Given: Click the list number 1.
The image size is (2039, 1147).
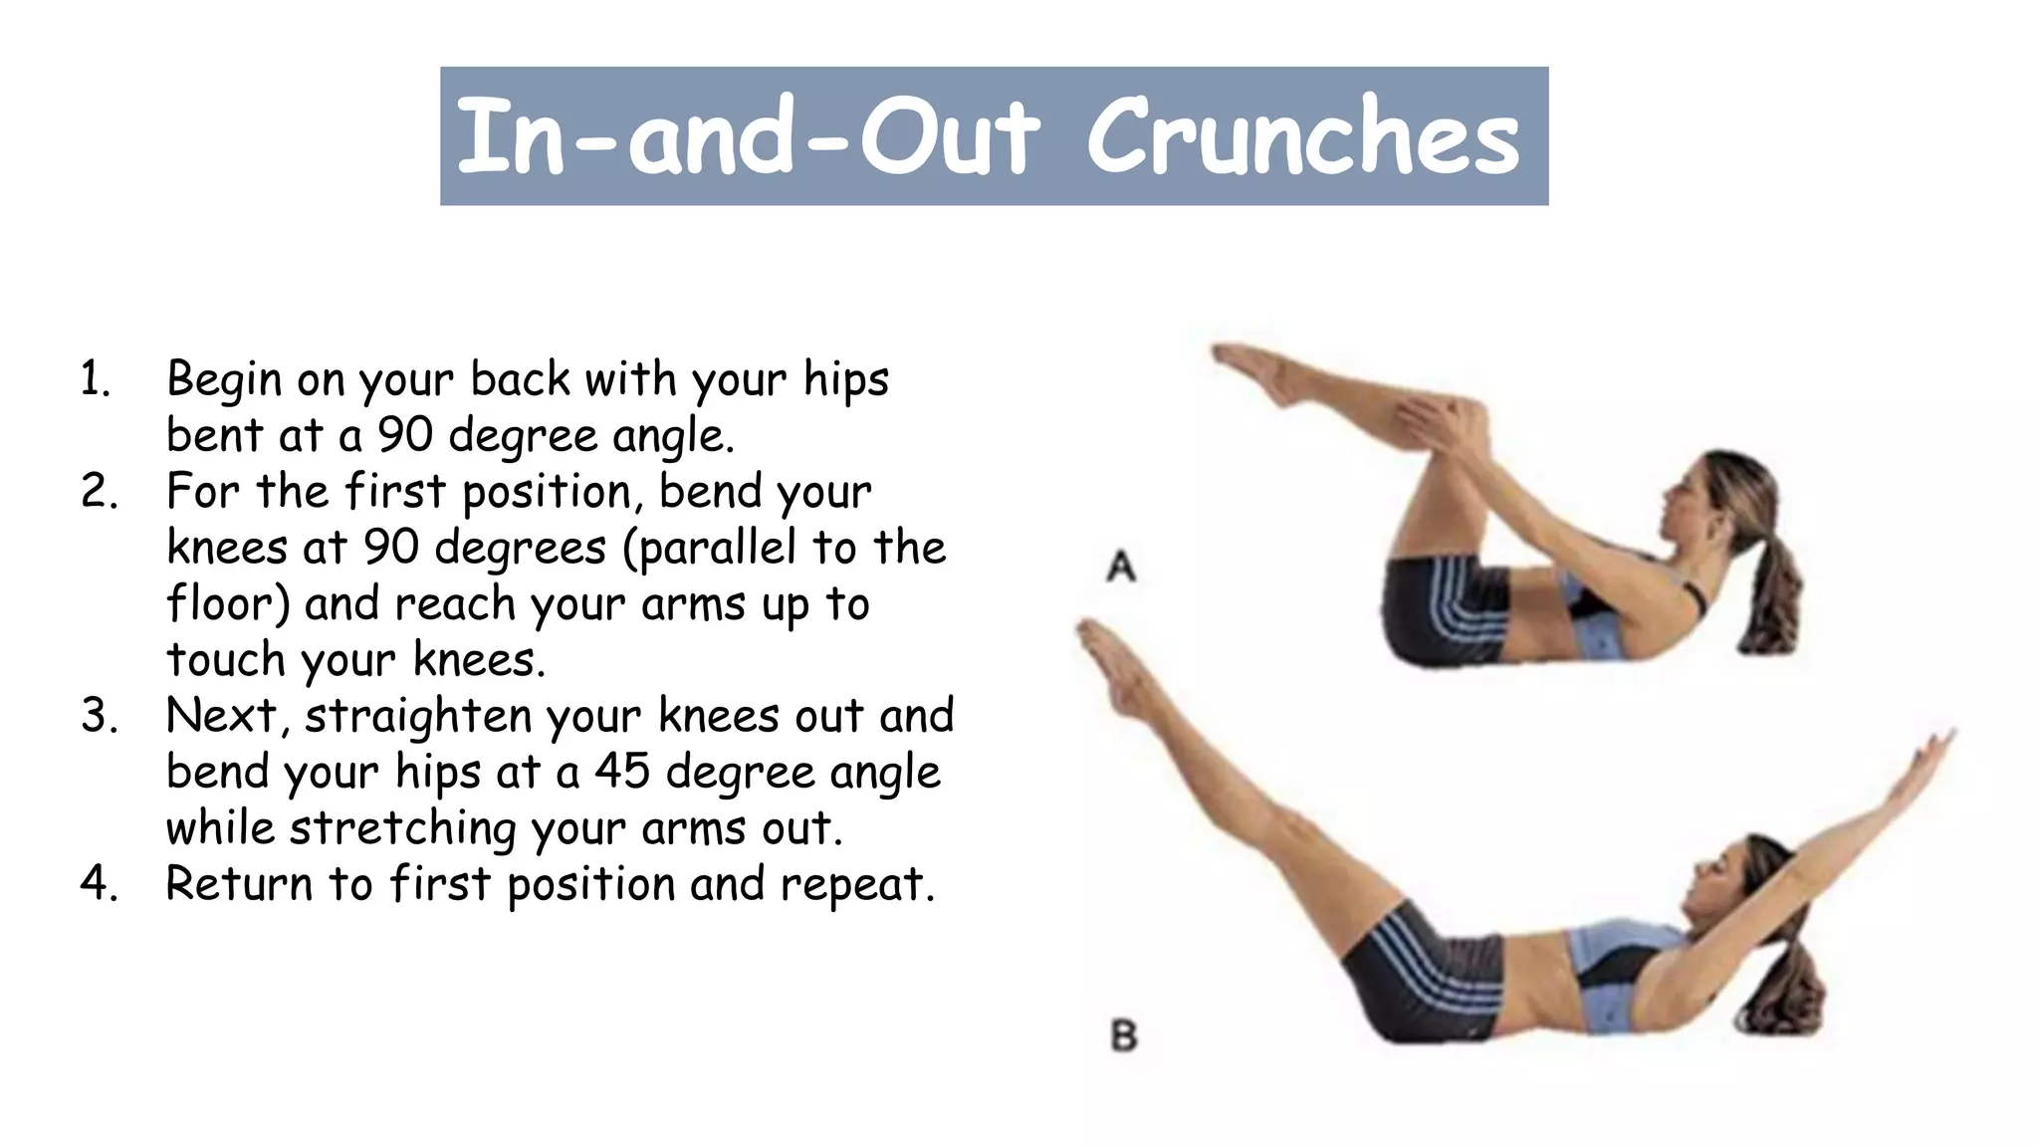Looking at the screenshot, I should pyautogui.click(x=95, y=380).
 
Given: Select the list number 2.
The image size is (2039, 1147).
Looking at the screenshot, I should pyautogui.click(x=99, y=492).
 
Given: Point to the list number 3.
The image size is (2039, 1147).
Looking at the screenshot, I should pyautogui.click(x=99, y=716).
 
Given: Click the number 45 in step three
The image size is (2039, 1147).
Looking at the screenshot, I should pyautogui.click(x=623, y=772).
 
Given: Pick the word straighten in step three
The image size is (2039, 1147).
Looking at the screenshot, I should pyautogui.click(x=418, y=717).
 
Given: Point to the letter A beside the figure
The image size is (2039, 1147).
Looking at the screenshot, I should pyautogui.click(x=1122, y=568).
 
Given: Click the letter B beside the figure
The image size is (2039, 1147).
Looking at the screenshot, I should pyautogui.click(x=1124, y=1036).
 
